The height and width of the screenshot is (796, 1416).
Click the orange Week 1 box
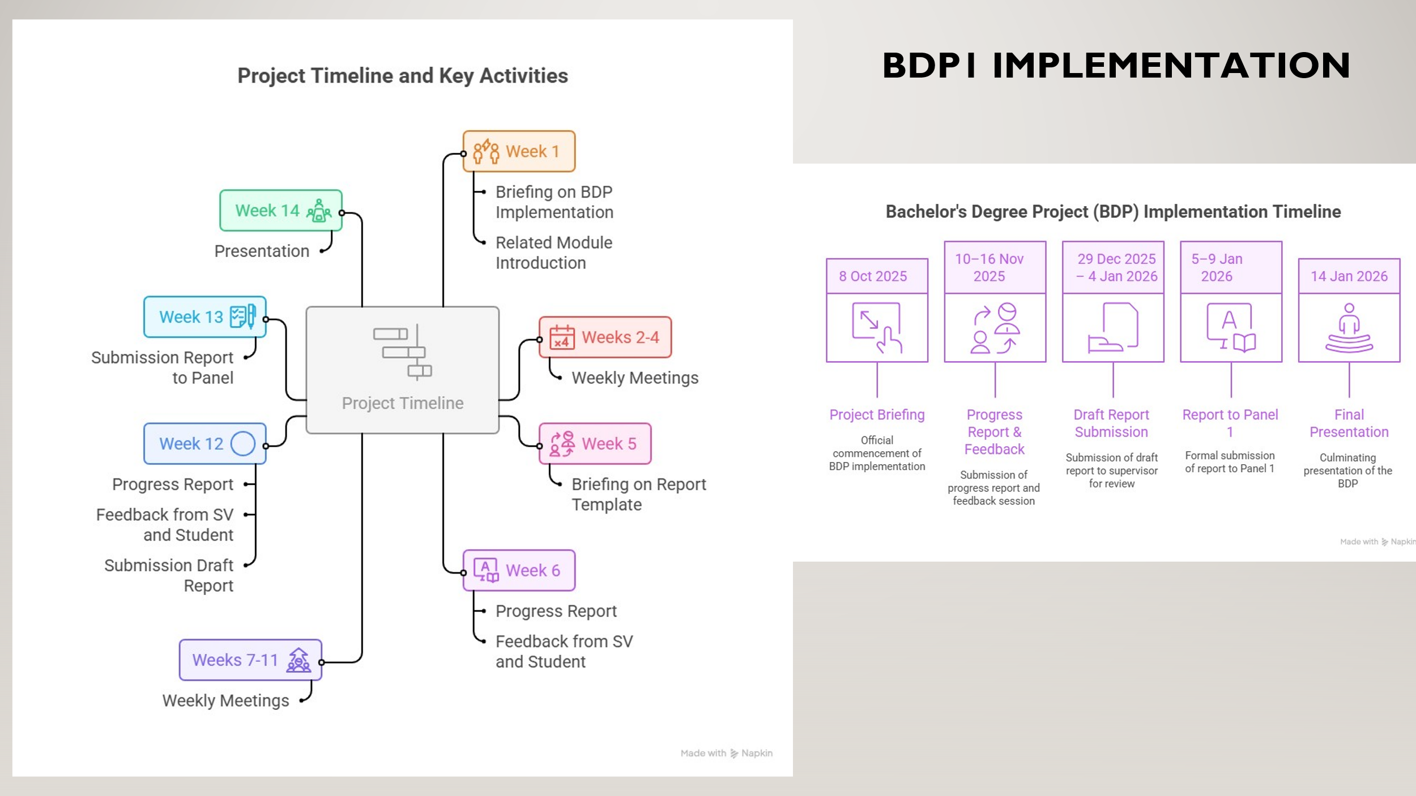coord(519,151)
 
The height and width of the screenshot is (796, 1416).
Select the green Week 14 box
coord(281,211)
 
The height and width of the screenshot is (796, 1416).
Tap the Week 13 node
coord(205,317)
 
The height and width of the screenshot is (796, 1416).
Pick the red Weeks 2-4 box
coord(605,337)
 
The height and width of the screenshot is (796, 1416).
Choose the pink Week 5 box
coord(595,444)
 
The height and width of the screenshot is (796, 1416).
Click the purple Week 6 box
coord(519,571)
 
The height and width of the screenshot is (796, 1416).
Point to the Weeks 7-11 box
coord(250,660)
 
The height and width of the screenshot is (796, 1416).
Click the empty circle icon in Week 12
coord(243,444)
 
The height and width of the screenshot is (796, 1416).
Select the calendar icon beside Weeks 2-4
coord(562,337)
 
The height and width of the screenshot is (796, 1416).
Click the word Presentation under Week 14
coord(262,251)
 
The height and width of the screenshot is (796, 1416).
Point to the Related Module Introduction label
coord(553,253)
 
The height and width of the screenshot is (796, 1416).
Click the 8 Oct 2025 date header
coord(877,276)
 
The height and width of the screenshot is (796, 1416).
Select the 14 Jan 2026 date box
coord(1349,276)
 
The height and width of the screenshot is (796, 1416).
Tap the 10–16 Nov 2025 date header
coord(995,267)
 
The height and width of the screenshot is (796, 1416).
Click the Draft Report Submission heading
coord(1111,423)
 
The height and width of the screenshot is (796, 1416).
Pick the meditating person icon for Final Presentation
coord(1349,328)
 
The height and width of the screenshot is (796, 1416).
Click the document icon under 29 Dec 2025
coord(1113,328)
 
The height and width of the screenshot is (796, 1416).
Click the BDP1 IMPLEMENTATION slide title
coord(1116,65)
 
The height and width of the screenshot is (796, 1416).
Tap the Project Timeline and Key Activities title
coord(402,76)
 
